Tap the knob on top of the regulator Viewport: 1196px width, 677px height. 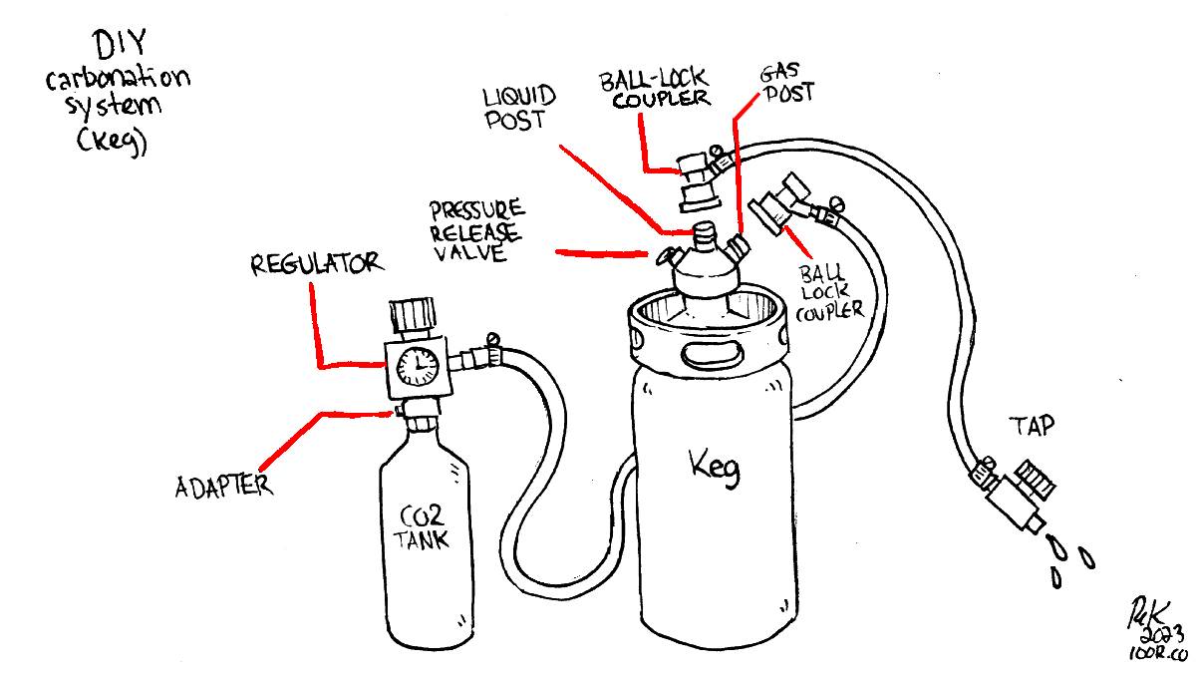(x=412, y=315)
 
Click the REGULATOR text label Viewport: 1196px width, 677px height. (x=315, y=264)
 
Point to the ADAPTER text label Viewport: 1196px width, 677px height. (x=224, y=488)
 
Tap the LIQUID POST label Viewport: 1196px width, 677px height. (x=519, y=109)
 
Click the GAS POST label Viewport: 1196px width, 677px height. (x=787, y=84)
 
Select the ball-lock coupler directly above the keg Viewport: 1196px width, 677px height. (x=694, y=179)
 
